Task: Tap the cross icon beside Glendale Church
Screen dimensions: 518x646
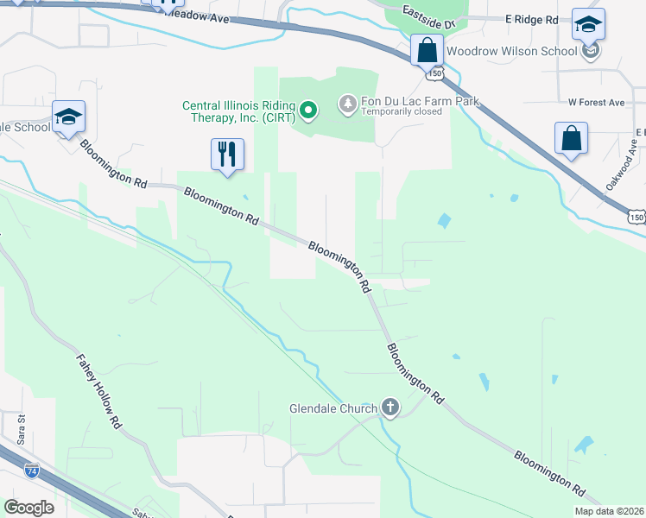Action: tap(390, 407)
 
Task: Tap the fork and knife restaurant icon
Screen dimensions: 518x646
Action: tap(227, 155)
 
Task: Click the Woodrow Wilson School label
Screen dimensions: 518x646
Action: tap(511, 51)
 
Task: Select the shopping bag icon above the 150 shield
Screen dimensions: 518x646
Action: tap(427, 50)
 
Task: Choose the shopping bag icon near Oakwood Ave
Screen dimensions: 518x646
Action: tap(571, 138)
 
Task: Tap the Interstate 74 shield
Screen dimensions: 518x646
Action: tap(31, 471)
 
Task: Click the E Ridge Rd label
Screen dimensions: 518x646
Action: tap(532, 18)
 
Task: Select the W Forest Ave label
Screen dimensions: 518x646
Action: tap(596, 102)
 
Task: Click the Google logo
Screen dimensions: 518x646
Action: tap(29, 507)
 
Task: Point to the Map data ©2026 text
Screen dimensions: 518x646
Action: tap(609, 511)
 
